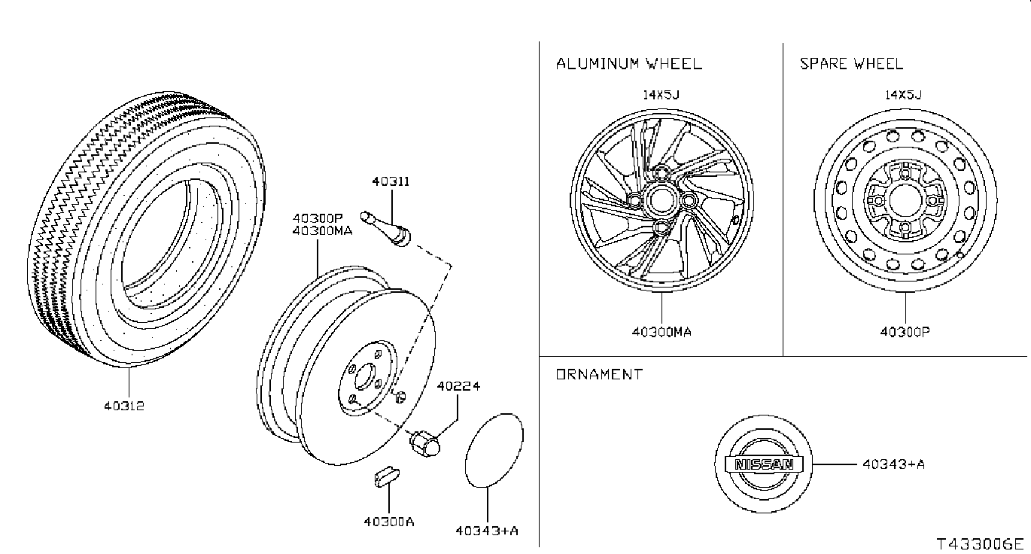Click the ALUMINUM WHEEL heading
pos(628,63)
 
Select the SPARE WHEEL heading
pos(851,63)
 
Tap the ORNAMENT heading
pos(599,374)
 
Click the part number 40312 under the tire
pos(124,406)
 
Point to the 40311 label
pos(391,181)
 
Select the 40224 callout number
pos(458,386)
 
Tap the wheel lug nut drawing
pos(425,444)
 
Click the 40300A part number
pos(389,522)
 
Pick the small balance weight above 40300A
pos(386,477)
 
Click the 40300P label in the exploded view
pos(318,218)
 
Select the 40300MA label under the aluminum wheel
pos(661,332)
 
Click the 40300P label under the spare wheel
pos(905,331)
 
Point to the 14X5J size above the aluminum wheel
pos(661,95)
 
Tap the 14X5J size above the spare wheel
pos(903,95)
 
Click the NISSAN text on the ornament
pos(764,464)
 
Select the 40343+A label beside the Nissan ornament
pos(893,464)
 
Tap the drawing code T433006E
pos(980,544)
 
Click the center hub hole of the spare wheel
pos(905,201)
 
